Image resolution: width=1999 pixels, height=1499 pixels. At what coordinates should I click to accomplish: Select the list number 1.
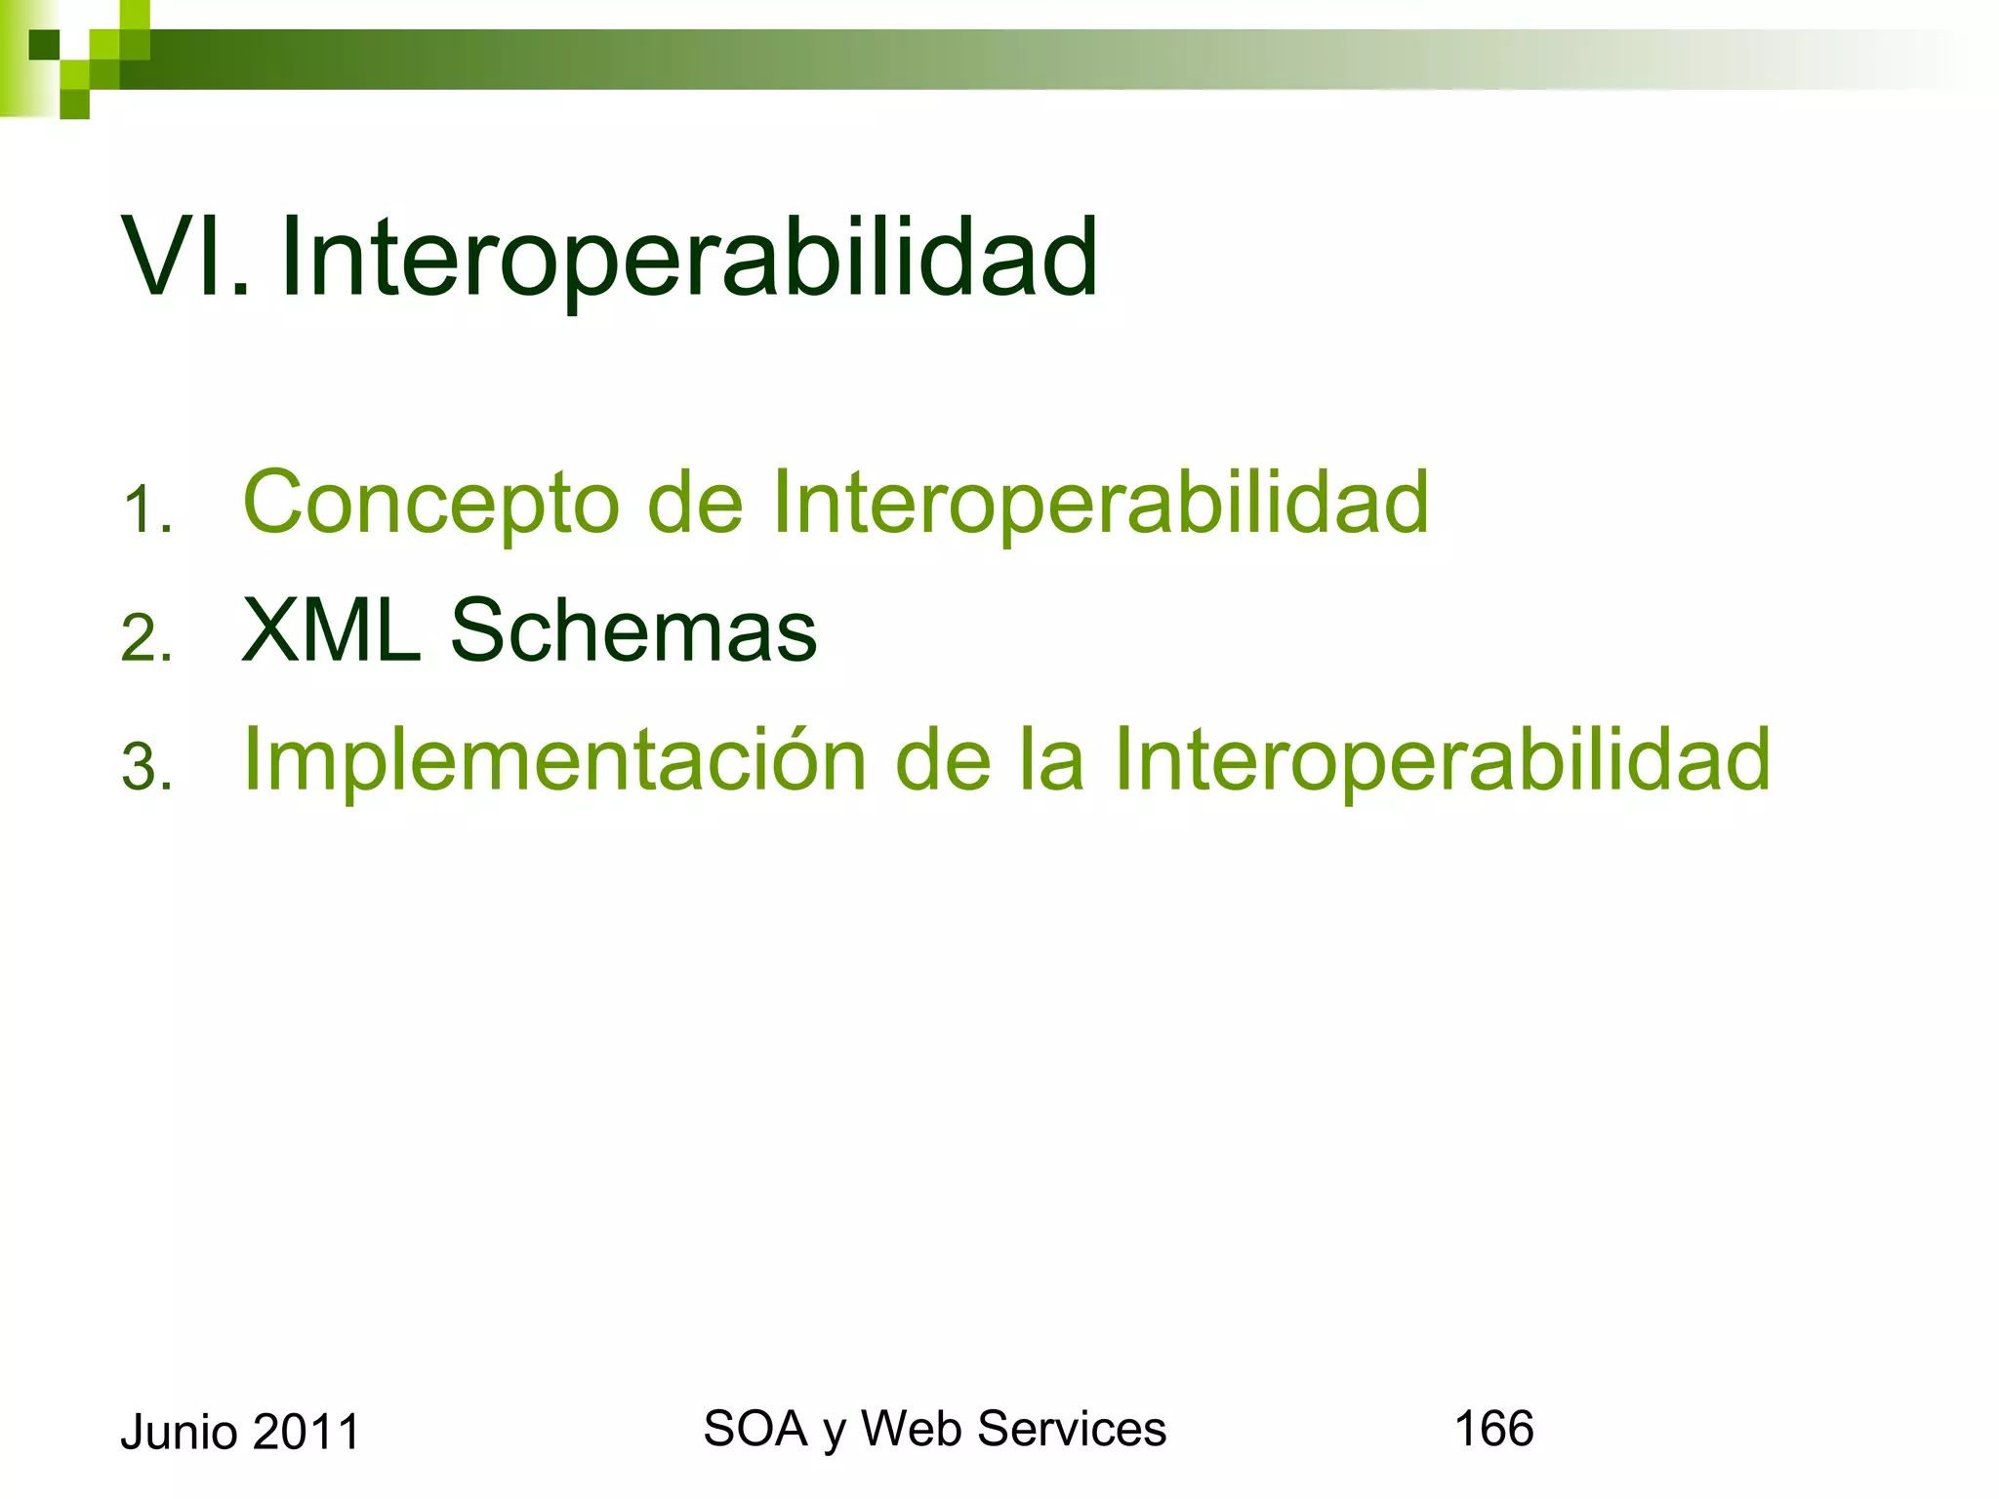146,511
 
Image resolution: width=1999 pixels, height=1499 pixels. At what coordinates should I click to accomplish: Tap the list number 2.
146,639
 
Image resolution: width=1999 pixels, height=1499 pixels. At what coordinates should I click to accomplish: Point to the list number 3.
146,767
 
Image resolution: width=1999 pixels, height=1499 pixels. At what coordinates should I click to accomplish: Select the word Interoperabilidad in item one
1100,504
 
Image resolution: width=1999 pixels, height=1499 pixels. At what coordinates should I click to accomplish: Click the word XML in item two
331,631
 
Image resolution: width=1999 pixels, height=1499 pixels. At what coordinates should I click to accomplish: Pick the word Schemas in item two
632,631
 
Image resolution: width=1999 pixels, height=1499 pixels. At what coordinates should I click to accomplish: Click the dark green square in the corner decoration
44,45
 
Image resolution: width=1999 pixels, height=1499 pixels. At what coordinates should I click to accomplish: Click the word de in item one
695,504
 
